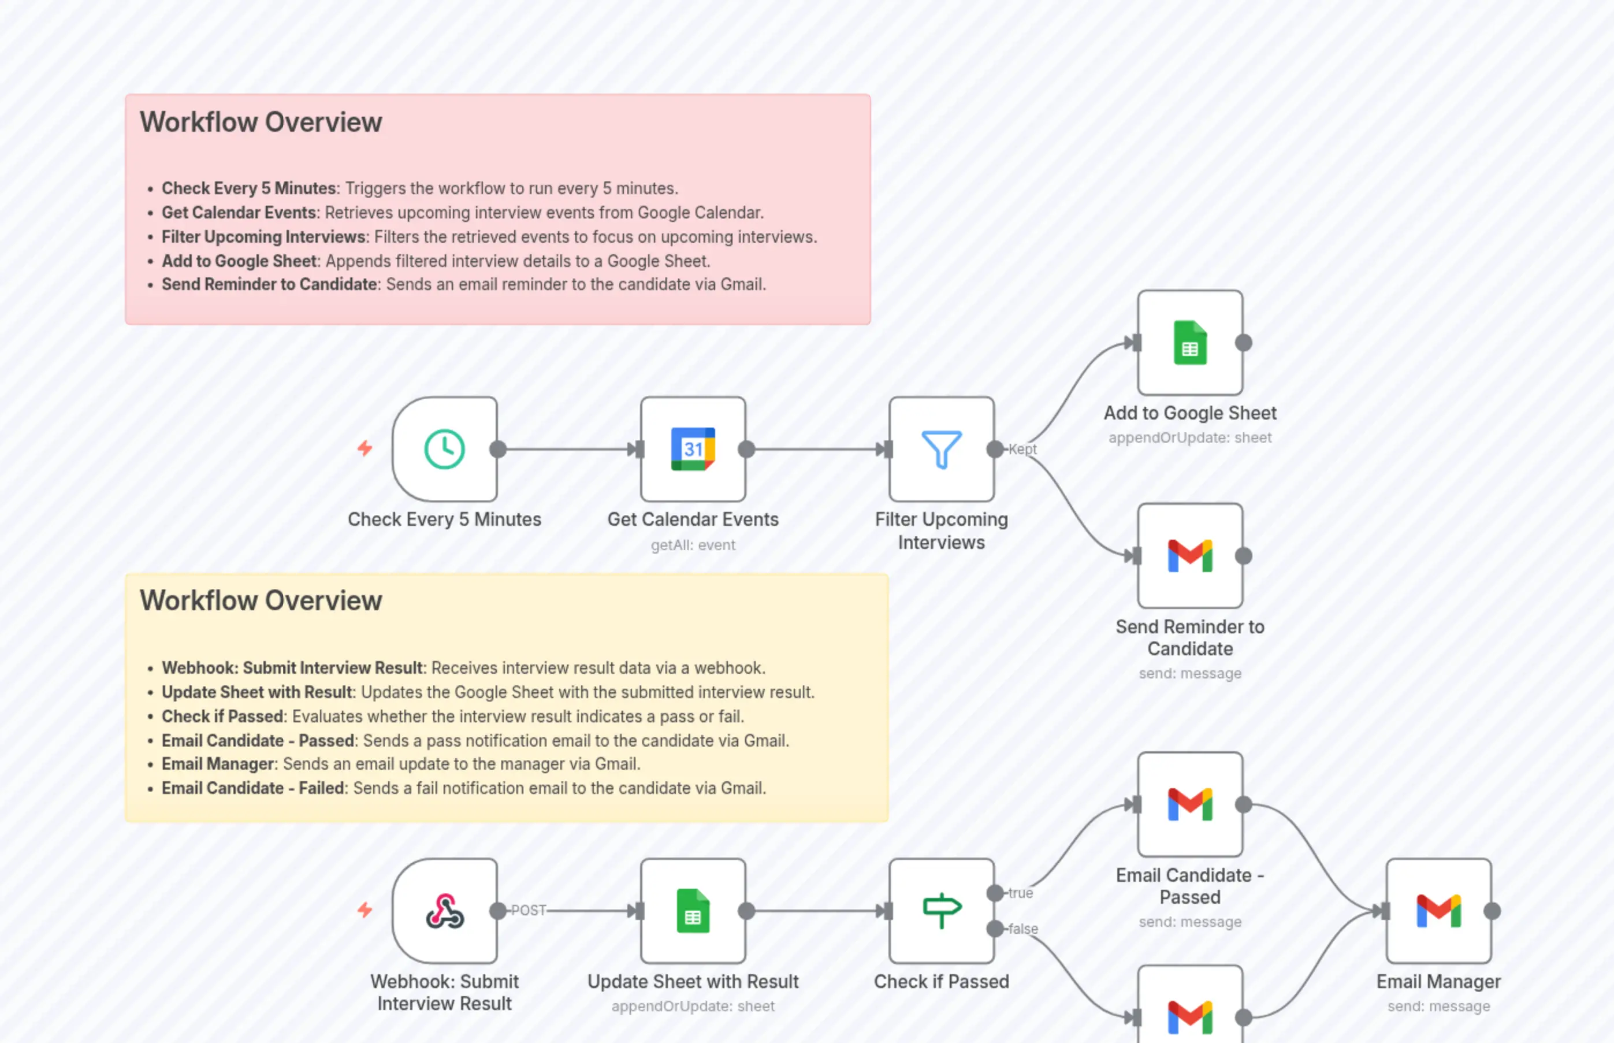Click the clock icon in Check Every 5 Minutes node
[x=444, y=449]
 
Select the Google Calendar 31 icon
[x=693, y=449]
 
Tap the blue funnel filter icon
[x=941, y=449]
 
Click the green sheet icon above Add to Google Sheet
[x=1189, y=343]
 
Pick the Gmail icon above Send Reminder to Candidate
[x=1189, y=556]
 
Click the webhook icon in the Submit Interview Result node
[x=444, y=911]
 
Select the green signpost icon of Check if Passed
[x=941, y=911]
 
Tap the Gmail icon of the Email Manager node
[x=1438, y=911]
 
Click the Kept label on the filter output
[x=1022, y=449]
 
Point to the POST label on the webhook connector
[x=528, y=911]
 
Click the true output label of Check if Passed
[x=1020, y=893]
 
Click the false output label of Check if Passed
[x=1022, y=929]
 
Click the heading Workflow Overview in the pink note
[x=261, y=123]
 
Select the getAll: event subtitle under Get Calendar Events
[x=693, y=545]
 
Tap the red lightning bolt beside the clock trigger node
[x=365, y=448]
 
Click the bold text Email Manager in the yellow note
[x=217, y=764]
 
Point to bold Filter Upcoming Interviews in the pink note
[x=263, y=237]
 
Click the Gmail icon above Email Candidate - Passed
[x=1189, y=804]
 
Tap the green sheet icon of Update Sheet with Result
[x=693, y=911]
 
